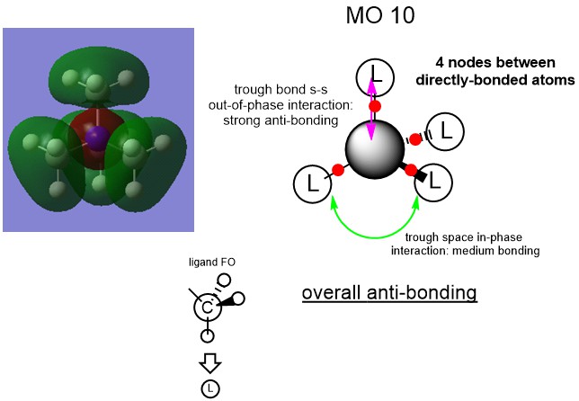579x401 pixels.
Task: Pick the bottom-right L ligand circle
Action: (x=434, y=182)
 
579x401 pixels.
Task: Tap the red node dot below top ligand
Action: (x=376, y=106)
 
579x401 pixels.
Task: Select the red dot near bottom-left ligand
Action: (x=338, y=169)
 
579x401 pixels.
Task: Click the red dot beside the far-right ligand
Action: (x=415, y=138)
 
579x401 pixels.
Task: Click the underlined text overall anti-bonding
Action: (x=388, y=294)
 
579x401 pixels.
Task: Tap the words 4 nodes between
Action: (x=494, y=64)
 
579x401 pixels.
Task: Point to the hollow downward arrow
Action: (x=209, y=362)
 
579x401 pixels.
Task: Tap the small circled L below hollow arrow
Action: (x=209, y=388)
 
